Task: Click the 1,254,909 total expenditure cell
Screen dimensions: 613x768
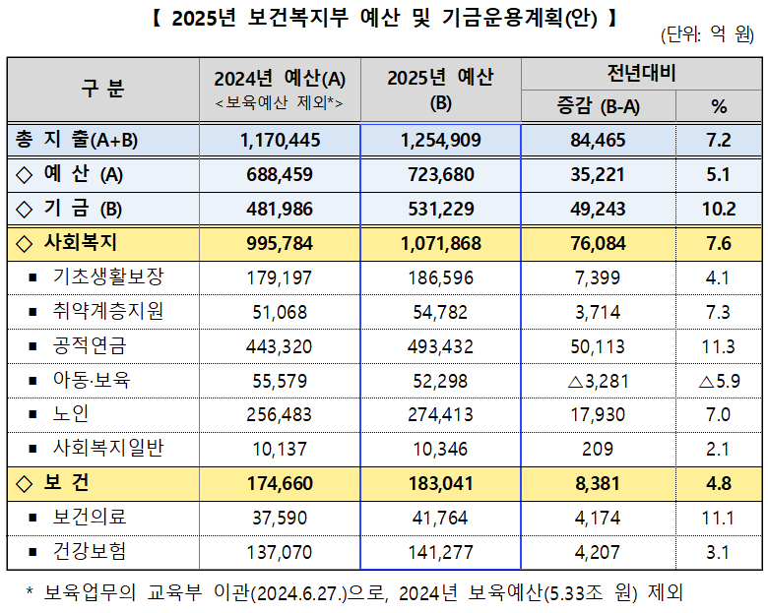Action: coord(441,141)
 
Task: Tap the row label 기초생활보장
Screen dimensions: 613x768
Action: coord(107,276)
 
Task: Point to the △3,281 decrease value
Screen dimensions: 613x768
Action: coord(598,381)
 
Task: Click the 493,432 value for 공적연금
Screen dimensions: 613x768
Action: coord(441,346)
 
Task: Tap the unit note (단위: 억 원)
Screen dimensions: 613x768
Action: coord(708,35)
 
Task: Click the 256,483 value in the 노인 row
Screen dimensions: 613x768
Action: coord(280,415)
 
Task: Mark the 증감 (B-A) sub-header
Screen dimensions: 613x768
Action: coord(598,105)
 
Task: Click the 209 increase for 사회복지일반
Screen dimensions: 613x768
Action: coord(598,450)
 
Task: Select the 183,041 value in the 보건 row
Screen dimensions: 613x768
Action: coord(441,484)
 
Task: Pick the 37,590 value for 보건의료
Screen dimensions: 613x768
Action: coord(280,518)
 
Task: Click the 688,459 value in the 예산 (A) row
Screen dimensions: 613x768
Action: coord(280,175)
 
